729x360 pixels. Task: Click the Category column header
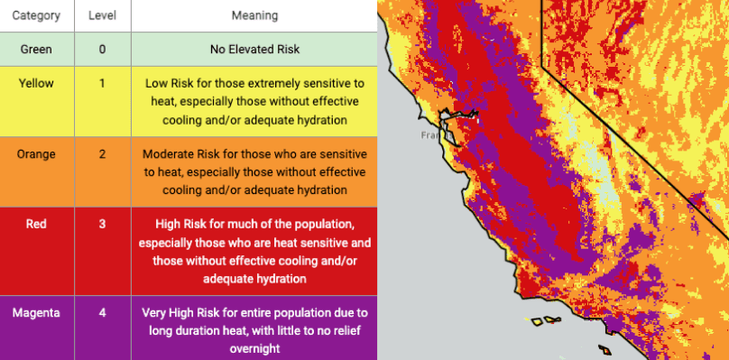pos(36,15)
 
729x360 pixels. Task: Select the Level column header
pos(102,15)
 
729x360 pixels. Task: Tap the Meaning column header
pos(254,15)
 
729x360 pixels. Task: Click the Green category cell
pos(36,49)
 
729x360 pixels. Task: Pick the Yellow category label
pos(36,83)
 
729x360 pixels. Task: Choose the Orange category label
pos(36,154)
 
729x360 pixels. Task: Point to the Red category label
pos(36,224)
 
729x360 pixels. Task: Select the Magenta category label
pos(36,313)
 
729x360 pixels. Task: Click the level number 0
pos(102,49)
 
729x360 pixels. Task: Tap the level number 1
pos(102,83)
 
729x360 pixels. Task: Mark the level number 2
pos(102,154)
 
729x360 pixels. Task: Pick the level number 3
pos(102,224)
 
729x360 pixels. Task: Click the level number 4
pos(102,313)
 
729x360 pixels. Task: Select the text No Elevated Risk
pos(254,49)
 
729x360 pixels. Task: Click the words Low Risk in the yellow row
pos(166,84)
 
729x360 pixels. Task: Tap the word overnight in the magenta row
pos(254,348)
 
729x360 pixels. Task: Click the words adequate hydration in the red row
pos(254,279)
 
